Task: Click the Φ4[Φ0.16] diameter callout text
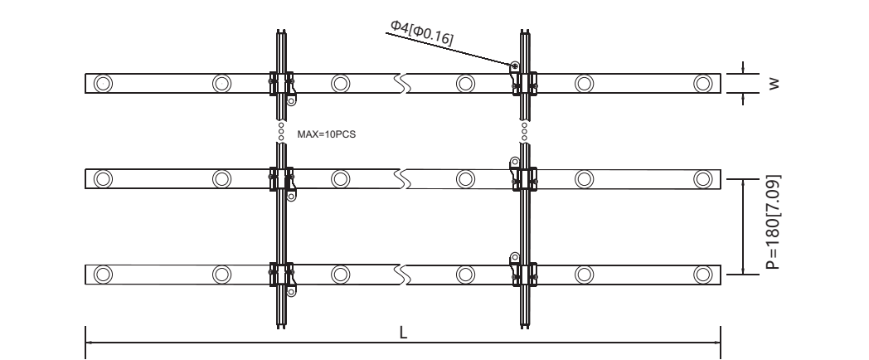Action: point(422,32)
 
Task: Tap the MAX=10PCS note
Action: point(327,134)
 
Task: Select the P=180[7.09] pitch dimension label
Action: point(773,222)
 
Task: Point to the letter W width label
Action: point(774,84)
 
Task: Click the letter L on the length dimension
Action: point(404,333)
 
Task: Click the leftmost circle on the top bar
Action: point(103,83)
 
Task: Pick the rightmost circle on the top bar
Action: point(702,83)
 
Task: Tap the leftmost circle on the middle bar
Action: point(103,179)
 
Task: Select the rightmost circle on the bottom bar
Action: point(702,275)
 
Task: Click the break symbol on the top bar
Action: point(402,83)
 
